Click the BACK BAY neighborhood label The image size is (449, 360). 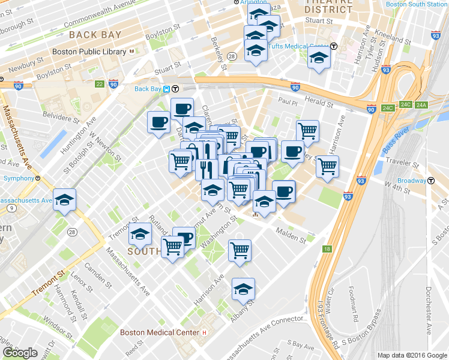95,35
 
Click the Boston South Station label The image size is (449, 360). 417,4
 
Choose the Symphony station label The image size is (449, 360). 17,178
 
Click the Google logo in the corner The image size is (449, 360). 20,353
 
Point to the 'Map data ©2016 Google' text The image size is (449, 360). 412,355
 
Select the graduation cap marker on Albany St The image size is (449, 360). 243,289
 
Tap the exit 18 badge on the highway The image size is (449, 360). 327,248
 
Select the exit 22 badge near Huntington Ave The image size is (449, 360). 99,84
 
